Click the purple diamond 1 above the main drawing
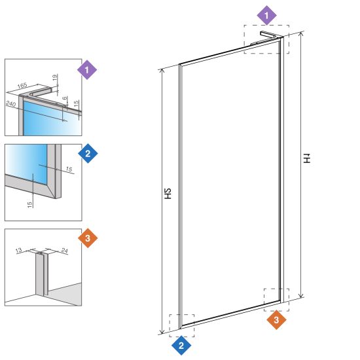tap(266, 16)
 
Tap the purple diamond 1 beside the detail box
tap(87, 70)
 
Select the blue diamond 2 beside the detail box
tap(88, 154)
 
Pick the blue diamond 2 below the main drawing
tap(181, 346)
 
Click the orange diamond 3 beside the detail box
tap(88, 238)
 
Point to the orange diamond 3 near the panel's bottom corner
tap(276, 320)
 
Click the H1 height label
tap(307, 158)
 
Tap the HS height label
tap(168, 194)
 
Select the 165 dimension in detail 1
tap(22, 86)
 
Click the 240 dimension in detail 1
tap(10, 104)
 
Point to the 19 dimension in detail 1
tap(55, 77)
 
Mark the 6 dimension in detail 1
tap(65, 98)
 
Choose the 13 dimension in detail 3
tap(19, 250)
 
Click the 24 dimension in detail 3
tap(65, 251)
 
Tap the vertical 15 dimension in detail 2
tap(29, 205)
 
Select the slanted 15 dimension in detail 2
tap(69, 170)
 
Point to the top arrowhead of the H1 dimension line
tap(301, 33)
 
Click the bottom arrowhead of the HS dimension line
tap(162, 332)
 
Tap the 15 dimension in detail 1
tap(77, 103)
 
